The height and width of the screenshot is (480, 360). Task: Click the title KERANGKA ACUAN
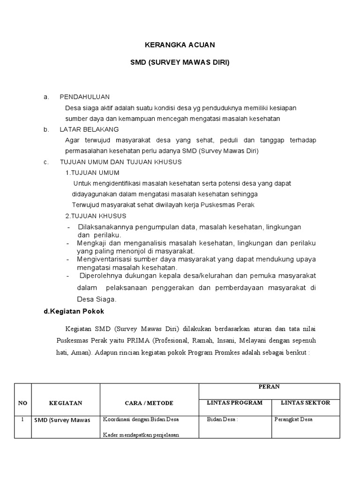[x=180, y=45]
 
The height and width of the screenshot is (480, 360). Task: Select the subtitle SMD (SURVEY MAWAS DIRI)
[x=180, y=62]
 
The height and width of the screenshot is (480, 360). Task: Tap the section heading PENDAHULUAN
[x=84, y=97]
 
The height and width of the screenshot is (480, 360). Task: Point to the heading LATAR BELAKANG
[x=89, y=129]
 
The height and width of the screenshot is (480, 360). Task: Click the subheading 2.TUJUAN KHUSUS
[x=96, y=216]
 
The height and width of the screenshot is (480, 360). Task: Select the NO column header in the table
[x=22, y=403]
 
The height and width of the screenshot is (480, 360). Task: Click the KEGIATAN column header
[x=66, y=403]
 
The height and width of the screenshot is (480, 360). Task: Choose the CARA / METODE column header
[x=149, y=403]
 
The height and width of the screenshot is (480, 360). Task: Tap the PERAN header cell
[x=270, y=387]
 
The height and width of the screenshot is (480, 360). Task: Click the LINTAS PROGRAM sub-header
[x=235, y=402]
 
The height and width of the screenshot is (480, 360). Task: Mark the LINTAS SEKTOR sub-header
[x=305, y=402]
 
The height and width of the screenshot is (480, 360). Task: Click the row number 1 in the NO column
[x=22, y=420]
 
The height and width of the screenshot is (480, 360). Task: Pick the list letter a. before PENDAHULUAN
[x=46, y=97]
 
